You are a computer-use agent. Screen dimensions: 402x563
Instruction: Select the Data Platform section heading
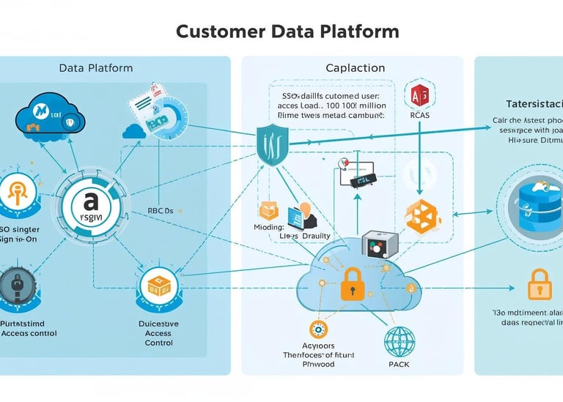(x=95, y=68)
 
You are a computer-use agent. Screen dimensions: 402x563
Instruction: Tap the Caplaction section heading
(x=355, y=68)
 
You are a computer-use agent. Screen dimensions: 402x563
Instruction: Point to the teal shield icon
(x=271, y=144)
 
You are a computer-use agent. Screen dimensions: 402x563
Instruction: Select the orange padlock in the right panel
(x=539, y=284)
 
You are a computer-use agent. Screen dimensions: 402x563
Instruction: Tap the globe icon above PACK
(x=400, y=341)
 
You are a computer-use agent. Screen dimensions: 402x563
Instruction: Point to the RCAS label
(x=419, y=116)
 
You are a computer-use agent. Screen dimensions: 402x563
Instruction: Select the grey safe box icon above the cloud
(x=380, y=245)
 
